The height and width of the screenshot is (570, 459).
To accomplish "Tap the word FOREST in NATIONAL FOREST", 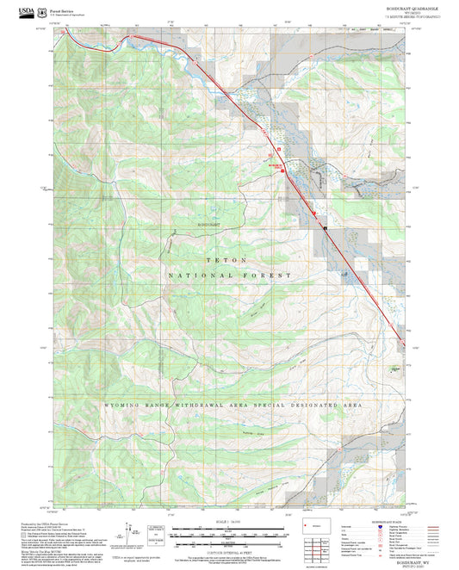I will [270, 276].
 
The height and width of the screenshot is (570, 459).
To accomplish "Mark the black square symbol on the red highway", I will [326, 228].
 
